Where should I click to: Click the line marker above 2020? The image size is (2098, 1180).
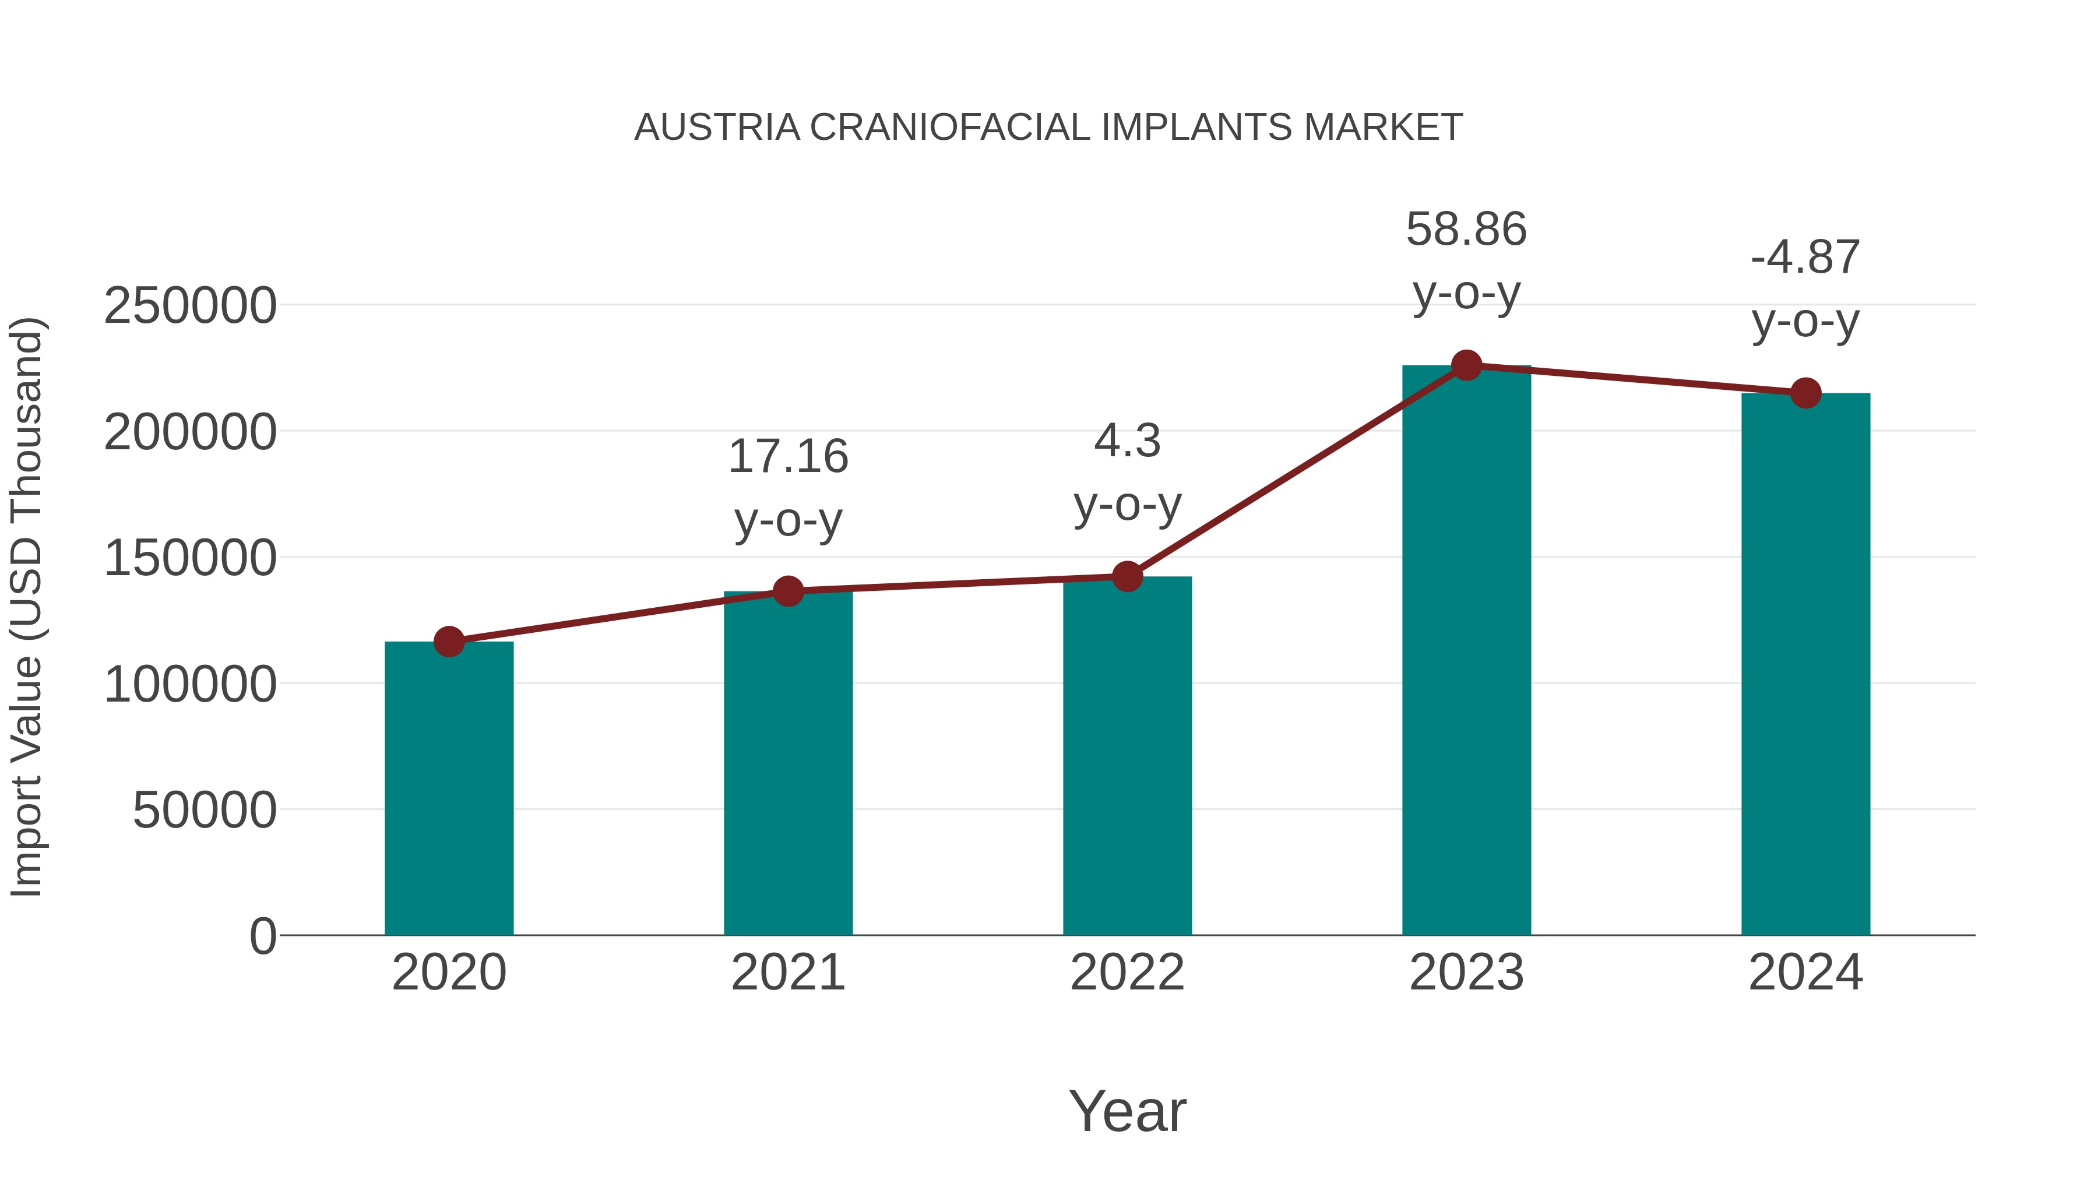[449, 642]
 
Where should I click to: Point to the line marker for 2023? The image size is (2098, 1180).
[1466, 365]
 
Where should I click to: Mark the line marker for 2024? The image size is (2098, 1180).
[1805, 393]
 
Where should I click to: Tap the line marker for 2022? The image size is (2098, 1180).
[1127, 576]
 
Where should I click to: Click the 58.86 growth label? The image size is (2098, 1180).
[1466, 230]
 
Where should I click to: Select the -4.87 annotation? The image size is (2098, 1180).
[1805, 258]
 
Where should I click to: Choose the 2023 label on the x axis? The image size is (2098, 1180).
[1466, 973]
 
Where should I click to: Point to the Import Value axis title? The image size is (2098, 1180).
[27, 608]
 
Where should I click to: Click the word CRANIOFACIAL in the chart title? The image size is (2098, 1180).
[950, 128]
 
